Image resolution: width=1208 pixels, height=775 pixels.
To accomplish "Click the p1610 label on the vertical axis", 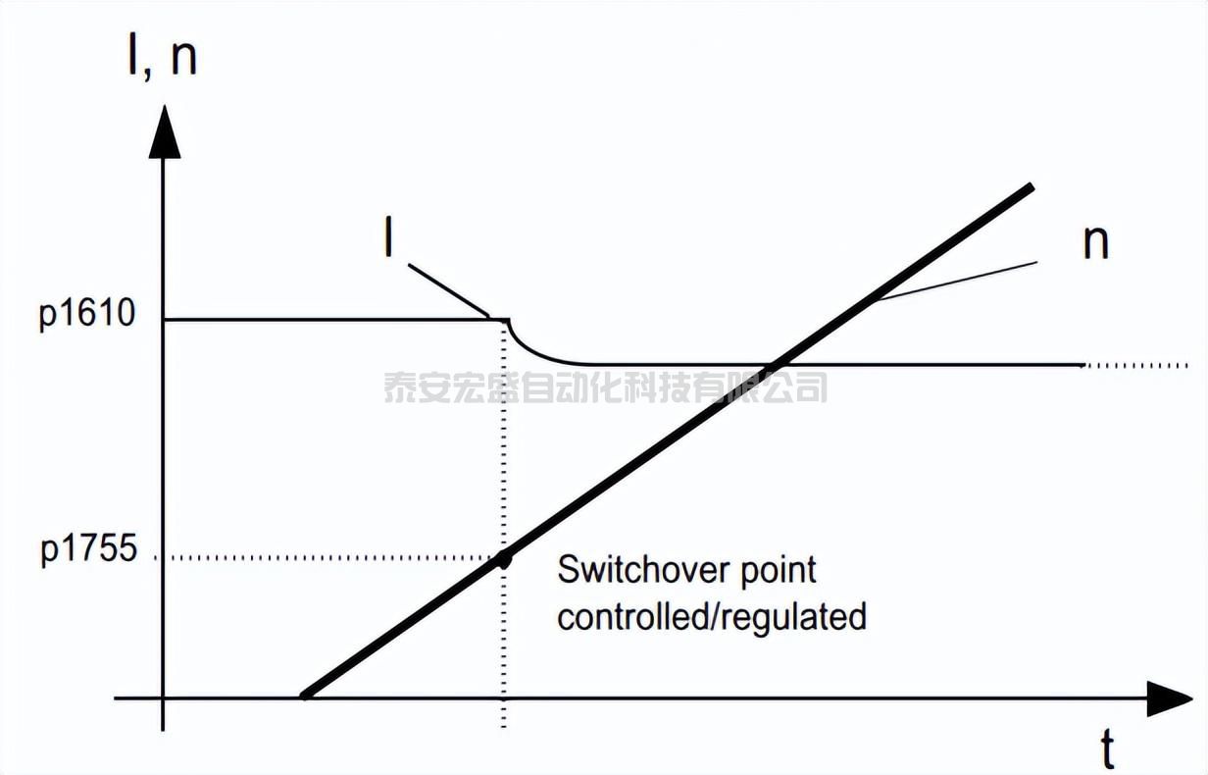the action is (87, 314).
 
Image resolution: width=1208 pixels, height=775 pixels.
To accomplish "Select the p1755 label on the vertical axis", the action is (89, 549).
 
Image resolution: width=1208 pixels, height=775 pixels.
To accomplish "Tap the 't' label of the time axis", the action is (1107, 749).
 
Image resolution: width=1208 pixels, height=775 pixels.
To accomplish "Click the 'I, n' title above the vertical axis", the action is (163, 56).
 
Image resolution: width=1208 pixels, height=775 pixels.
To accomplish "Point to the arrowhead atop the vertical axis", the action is (165, 131).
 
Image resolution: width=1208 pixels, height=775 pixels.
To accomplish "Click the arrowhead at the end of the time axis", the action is (1168, 698).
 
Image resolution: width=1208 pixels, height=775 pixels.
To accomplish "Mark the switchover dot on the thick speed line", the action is (504, 559).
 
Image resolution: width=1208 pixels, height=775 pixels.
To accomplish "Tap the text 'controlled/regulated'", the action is (712, 617).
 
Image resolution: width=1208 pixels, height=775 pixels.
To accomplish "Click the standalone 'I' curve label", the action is (388, 236).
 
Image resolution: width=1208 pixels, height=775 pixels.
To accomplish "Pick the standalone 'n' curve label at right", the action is (1095, 244).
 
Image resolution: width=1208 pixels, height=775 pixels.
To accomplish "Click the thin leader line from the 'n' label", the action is (956, 282).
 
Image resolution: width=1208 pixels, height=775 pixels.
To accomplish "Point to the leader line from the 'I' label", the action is (449, 290).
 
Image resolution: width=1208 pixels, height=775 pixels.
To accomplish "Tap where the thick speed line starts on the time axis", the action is (305, 697).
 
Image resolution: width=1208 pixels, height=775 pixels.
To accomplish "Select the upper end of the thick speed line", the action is (1032, 186).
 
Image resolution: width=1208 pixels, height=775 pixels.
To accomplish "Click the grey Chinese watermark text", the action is (606, 387).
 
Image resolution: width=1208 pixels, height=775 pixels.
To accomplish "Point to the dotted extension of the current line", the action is (1135, 365).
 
